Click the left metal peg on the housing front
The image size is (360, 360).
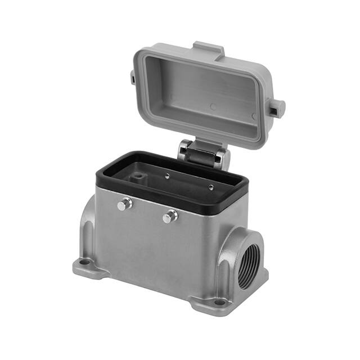coord(125,204)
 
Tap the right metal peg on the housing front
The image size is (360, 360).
coord(170,216)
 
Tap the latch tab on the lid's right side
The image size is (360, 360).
coord(276,107)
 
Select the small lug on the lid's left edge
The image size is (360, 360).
coord(133,76)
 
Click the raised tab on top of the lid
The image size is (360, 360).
coord(209,49)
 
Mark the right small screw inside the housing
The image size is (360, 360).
coord(211,187)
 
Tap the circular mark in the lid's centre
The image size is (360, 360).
coord(213,106)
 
